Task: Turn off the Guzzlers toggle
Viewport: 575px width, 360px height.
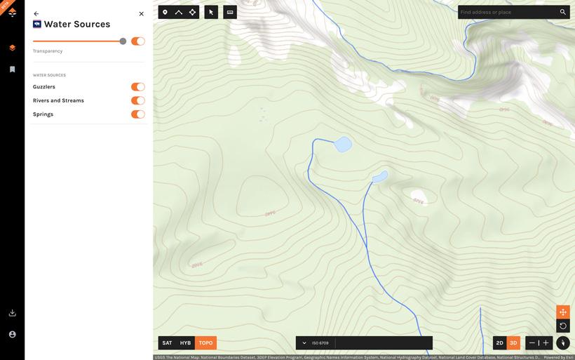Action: click(x=137, y=87)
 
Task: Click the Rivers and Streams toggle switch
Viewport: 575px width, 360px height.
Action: click(x=137, y=100)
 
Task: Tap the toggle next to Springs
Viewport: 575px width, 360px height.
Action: click(x=137, y=114)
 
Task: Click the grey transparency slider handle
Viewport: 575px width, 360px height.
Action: click(x=123, y=41)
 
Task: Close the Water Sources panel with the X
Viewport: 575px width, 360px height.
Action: click(x=141, y=14)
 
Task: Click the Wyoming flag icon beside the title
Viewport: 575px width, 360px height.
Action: click(x=37, y=24)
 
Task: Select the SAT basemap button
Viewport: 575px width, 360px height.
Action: click(x=167, y=343)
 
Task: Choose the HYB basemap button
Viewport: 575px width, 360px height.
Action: click(x=185, y=343)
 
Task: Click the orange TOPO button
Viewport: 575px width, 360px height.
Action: click(x=205, y=343)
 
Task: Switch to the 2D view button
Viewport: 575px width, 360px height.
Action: click(x=500, y=343)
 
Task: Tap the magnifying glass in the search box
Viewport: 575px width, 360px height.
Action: click(x=562, y=12)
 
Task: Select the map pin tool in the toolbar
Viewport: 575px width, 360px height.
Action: click(x=165, y=12)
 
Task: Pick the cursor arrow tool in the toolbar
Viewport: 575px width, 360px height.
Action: click(x=211, y=12)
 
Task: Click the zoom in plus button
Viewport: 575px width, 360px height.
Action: click(x=546, y=343)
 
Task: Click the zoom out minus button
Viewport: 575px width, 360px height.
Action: click(x=532, y=343)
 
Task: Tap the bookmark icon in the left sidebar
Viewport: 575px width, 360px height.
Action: click(x=13, y=69)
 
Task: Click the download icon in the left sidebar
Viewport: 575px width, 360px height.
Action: click(x=13, y=313)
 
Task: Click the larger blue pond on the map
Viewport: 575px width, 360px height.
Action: click(x=343, y=145)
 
